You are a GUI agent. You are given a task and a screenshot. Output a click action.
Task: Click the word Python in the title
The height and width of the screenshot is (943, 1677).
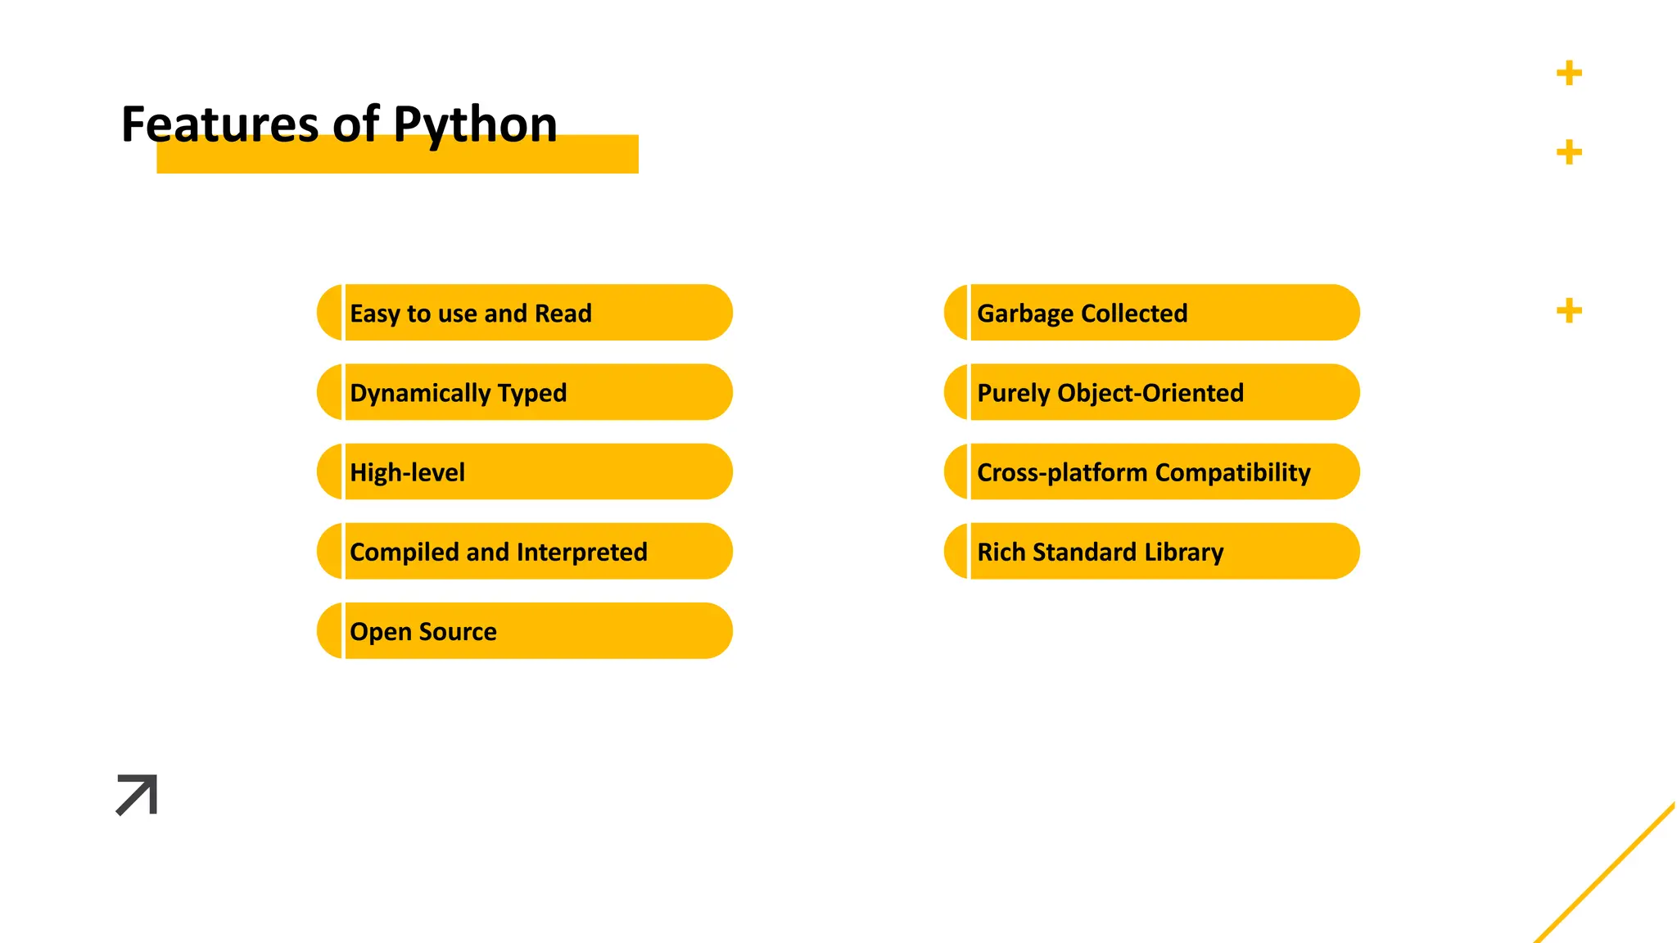point(475,125)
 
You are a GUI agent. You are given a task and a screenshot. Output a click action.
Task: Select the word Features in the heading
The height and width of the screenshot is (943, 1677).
point(219,125)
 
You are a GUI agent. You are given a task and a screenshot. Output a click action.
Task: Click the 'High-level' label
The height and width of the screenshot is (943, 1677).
point(407,472)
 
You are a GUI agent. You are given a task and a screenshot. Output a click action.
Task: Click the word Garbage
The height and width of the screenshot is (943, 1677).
point(1025,314)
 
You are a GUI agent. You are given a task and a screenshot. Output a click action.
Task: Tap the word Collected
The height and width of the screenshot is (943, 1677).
point(1134,314)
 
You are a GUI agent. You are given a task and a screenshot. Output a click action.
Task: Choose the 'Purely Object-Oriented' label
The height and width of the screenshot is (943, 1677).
point(1110,393)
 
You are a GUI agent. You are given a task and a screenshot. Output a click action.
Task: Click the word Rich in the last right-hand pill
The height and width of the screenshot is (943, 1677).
point(1001,553)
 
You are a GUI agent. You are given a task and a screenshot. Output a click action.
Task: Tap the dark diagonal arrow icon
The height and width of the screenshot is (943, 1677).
point(137,795)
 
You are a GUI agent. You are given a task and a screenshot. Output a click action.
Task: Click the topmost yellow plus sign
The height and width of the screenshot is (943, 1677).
point(1569,74)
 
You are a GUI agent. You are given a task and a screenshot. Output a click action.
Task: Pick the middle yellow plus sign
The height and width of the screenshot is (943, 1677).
point(1569,152)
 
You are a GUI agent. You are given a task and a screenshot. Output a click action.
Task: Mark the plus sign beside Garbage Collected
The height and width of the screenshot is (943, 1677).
point(1569,311)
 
